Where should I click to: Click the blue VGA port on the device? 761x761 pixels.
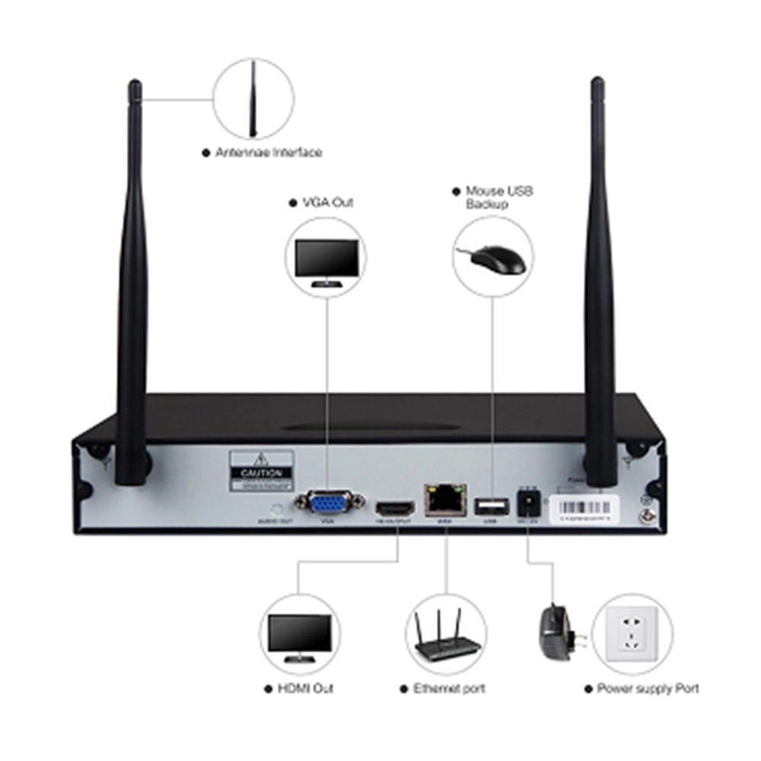coord(328,503)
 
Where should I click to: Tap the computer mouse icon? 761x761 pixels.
coord(498,259)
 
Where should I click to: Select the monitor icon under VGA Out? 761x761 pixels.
coord(326,260)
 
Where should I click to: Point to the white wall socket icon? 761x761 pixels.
coord(631,635)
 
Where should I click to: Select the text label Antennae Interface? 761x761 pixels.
coord(268,152)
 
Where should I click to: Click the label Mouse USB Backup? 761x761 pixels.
coord(498,197)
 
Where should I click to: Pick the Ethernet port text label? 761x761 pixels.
coord(449,689)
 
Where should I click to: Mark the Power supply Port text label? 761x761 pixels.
coord(648,689)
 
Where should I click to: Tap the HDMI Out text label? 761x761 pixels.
coord(305,689)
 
